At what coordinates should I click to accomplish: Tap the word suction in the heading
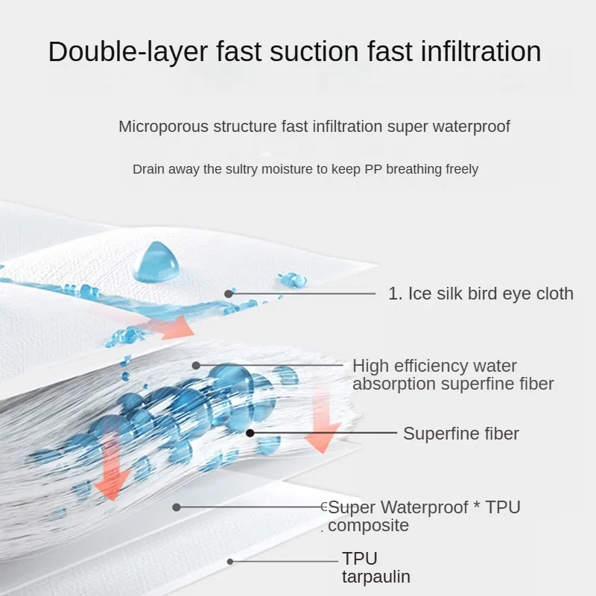[314, 51]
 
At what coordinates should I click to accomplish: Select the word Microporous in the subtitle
[163, 127]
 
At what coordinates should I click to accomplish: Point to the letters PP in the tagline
[373, 169]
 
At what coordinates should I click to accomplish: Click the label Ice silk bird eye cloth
[481, 294]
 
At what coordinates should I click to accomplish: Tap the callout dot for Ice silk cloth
[229, 294]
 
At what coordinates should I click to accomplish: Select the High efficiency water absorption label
[453, 375]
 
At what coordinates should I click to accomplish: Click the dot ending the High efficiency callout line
[196, 365]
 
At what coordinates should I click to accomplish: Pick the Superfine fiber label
[460, 434]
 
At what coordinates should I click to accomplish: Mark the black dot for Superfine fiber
[250, 433]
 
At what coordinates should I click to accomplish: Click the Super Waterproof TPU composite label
[424, 516]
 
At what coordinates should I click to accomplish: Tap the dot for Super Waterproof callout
[176, 507]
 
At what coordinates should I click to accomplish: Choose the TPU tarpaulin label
[376, 568]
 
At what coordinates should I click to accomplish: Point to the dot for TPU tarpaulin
[230, 562]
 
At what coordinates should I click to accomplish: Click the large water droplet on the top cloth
[156, 262]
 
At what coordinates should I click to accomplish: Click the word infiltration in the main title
[481, 51]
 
